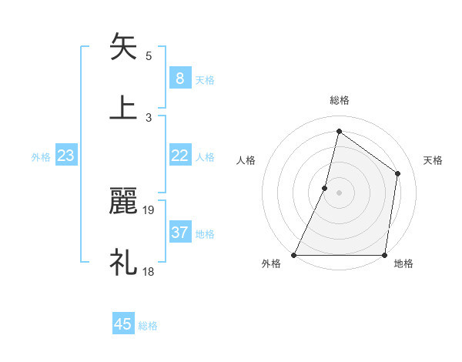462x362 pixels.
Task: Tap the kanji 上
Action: click(123, 108)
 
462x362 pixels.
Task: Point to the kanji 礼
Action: click(123, 262)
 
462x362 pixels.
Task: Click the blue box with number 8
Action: click(179, 78)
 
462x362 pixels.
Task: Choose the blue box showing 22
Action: click(179, 156)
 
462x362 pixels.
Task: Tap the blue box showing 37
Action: click(179, 233)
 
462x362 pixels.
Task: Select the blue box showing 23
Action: click(65, 156)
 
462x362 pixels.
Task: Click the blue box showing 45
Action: click(123, 324)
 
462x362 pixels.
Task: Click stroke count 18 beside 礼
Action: click(149, 270)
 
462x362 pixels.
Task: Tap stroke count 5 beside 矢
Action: click(149, 55)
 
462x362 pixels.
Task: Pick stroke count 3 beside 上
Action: click(149, 117)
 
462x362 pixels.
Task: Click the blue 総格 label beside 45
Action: click(148, 326)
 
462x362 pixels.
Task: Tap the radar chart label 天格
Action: click(433, 160)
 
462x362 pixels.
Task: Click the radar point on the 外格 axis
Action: click(294, 255)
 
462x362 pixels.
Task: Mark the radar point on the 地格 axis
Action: click(384, 255)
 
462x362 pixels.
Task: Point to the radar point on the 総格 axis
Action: click(339, 131)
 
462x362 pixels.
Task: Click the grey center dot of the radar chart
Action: click(339, 193)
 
